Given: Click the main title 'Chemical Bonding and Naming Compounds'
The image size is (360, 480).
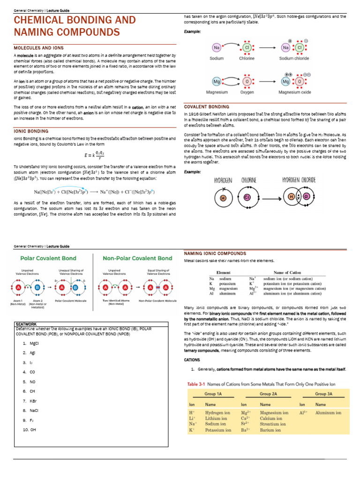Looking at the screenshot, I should pos(75,26).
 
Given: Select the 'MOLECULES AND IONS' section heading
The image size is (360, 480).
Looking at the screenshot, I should pos(39,48).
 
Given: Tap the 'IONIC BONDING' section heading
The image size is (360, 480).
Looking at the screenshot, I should pos(31,131).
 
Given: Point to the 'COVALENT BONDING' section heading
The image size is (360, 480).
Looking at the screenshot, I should pos(207,107).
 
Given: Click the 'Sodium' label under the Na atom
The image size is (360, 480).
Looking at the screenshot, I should pos(217,59).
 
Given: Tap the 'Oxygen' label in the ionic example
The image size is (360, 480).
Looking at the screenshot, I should pos(247,92).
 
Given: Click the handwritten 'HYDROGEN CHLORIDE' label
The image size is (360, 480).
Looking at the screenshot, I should pos(299,180).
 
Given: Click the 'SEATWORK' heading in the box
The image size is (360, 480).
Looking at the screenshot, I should pos(25,324).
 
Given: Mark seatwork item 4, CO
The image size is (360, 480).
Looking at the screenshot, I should pos(32,372).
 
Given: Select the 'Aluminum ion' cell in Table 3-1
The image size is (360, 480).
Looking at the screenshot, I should pos(328,412).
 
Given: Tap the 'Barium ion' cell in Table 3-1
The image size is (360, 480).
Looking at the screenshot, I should pos(270,430).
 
